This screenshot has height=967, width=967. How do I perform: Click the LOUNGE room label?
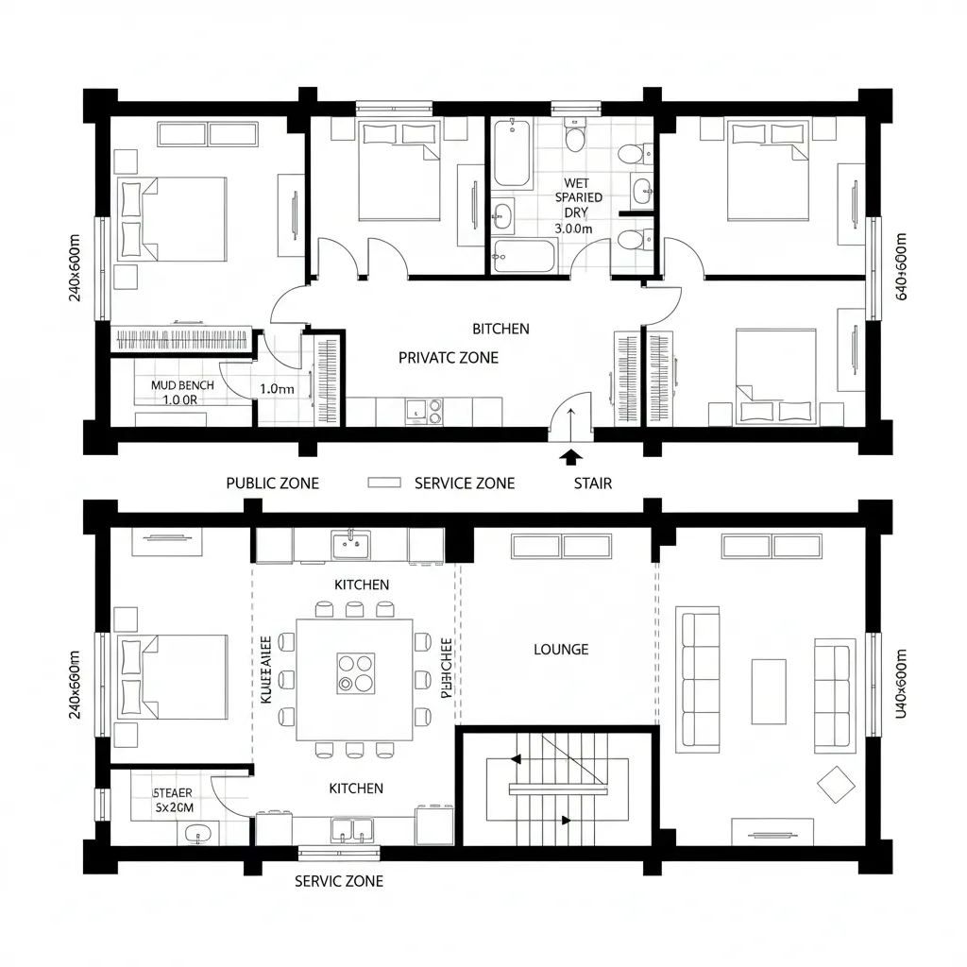click(x=561, y=650)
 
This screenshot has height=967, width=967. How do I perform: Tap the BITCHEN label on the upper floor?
click(x=500, y=329)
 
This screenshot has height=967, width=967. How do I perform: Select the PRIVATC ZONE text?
click(x=449, y=358)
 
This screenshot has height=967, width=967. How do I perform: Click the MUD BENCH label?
click(x=182, y=385)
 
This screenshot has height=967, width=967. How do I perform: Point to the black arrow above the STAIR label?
click(x=569, y=457)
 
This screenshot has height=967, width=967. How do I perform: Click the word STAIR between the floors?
click(x=592, y=483)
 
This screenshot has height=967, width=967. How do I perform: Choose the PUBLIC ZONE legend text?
click(x=272, y=483)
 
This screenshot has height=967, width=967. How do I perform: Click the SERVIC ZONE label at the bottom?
click(x=339, y=881)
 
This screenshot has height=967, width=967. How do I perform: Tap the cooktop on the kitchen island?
click(x=355, y=672)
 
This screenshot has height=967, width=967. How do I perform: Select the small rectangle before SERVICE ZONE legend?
click(x=383, y=483)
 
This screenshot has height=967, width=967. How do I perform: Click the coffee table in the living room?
click(x=768, y=691)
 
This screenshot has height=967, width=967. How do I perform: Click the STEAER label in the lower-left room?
click(x=173, y=793)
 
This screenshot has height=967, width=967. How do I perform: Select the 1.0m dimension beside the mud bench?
click(x=277, y=388)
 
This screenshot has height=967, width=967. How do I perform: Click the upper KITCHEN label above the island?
click(x=361, y=585)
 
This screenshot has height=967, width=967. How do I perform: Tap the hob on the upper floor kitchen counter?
click(x=435, y=411)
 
